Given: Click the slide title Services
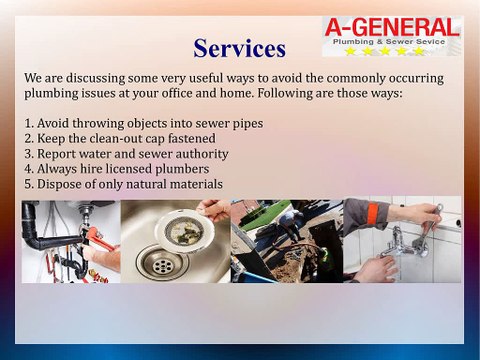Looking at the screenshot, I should (x=240, y=47).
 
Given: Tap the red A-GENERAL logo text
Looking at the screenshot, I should (x=392, y=27).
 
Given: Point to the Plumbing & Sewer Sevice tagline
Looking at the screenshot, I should (x=391, y=42).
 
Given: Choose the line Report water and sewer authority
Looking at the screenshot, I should (x=126, y=154).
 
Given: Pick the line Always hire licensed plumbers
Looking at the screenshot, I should (x=118, y=169).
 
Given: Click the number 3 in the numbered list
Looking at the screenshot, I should (x=28, y=154).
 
